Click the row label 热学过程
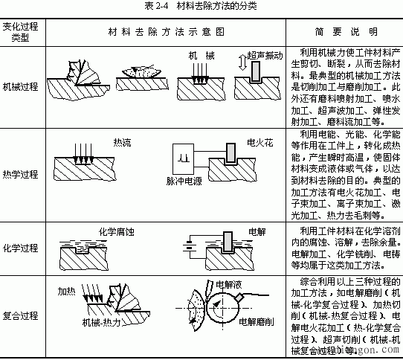click(22, 175)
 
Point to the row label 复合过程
click(22, 315)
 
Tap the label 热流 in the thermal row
click(121, 141)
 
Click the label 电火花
click(260, 141)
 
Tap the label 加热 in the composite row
click(68, 292)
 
